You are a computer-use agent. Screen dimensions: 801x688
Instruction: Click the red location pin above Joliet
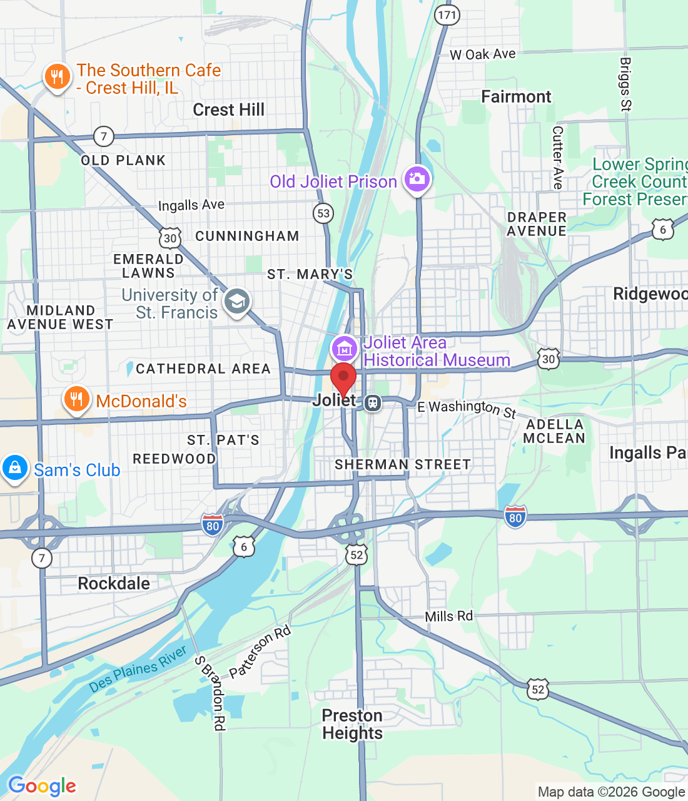(x=343, y=377)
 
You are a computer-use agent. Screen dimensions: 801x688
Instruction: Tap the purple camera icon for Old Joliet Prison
(x=417, y=179)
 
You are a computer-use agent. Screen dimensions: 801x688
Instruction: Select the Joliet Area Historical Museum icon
(x=344, y=349)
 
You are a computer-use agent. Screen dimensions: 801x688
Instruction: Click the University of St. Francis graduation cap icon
(x=236, y=302)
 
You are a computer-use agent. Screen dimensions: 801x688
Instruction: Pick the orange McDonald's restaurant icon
(x=76, y=399)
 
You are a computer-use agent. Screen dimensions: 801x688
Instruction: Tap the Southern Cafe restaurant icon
(x=57, y=77)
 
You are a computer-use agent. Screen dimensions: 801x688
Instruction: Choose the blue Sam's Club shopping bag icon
(x=15, y=467)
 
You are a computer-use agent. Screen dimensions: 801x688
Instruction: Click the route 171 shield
(x=447, y=15)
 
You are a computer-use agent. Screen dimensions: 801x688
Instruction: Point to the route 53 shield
(x=323, y=213)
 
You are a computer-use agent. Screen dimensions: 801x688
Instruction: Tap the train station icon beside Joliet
(x=373, y=402)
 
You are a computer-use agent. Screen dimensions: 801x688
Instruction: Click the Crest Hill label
(x=228, y=110)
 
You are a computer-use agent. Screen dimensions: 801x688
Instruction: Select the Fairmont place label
(x=516, y=97)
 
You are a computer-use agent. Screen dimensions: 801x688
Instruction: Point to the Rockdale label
(x=114, y=584)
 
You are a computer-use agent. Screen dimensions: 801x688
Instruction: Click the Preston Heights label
(x=352, y=724)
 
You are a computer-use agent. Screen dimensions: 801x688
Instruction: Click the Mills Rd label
(x=448, y=616)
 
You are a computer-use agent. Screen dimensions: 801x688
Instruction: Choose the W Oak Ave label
(x=482, y=54)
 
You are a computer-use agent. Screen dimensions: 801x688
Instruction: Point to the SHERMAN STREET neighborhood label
(x=402, y=464)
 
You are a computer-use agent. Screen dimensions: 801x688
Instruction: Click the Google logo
(x=42, y=786)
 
